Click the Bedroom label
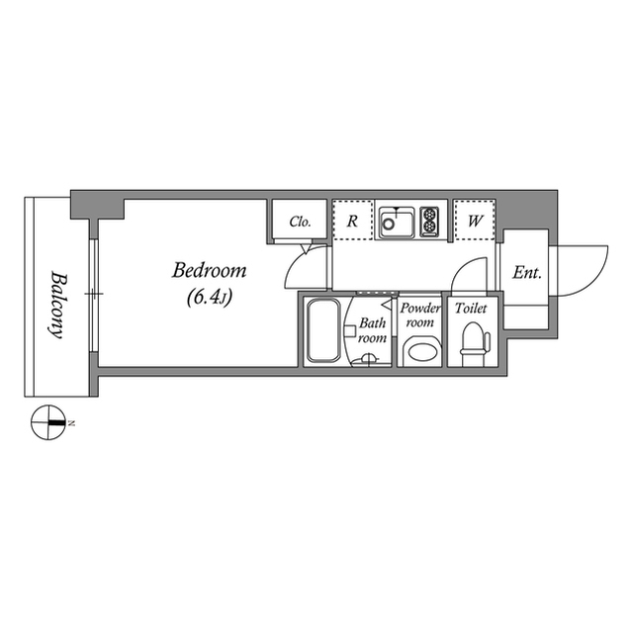point(210,270)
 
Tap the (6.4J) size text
point(209,296)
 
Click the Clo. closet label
point(300,222)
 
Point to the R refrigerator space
point(351,222)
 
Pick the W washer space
point(475,222)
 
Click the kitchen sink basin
point(398,223)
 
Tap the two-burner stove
point(430,221)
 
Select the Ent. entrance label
point(525,273)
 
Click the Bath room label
point(372,330)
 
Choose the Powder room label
point(419,316)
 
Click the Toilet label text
point(470,309)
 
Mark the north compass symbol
point(46,423)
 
